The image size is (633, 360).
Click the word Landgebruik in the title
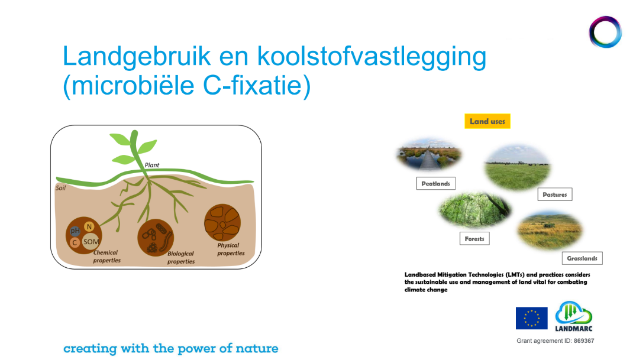137,57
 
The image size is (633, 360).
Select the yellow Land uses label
487,121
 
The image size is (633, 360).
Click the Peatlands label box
435,183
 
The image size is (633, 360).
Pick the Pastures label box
555,194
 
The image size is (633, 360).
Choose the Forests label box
474,238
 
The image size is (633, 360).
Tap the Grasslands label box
582,258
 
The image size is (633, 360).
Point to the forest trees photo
474,210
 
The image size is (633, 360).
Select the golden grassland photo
550,230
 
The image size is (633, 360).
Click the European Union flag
532,318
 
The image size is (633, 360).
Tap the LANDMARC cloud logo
574,316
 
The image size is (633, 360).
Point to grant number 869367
584,340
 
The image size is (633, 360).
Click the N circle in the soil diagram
89,226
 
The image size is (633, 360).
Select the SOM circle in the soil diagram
91,242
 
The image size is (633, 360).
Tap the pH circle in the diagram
75,231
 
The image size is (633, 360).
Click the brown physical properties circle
222,223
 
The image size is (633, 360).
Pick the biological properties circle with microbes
156,238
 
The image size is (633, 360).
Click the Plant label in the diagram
152,165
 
